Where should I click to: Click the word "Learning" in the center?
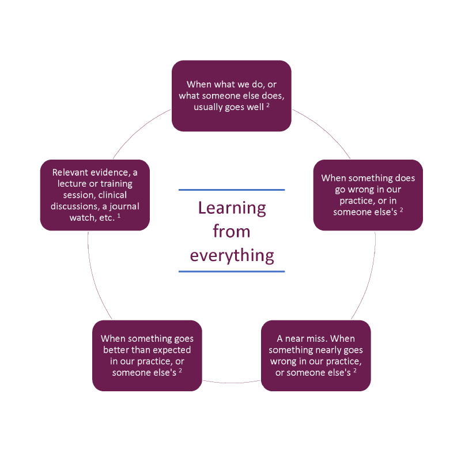point(232,208)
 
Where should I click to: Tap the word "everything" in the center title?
point(232,255)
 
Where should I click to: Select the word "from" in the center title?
point(232,232)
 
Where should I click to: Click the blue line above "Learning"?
point(232,190)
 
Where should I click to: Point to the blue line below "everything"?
point(232,271)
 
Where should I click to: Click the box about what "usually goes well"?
point(232,96)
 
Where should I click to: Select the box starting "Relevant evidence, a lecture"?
point(95,195)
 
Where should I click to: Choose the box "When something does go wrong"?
point(368,195)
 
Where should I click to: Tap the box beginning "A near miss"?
point(316,356)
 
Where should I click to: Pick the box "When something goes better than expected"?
point(147,356)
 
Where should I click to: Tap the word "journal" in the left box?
point(124,206)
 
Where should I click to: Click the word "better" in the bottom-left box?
point(120,350)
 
